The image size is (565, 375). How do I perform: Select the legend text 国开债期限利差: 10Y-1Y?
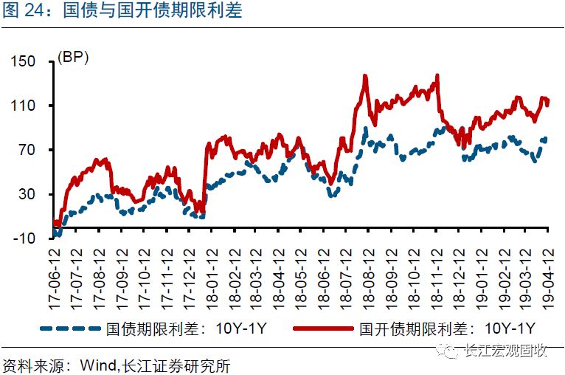click(445, 327)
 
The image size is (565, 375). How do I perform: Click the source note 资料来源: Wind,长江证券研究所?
click(121, 365)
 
